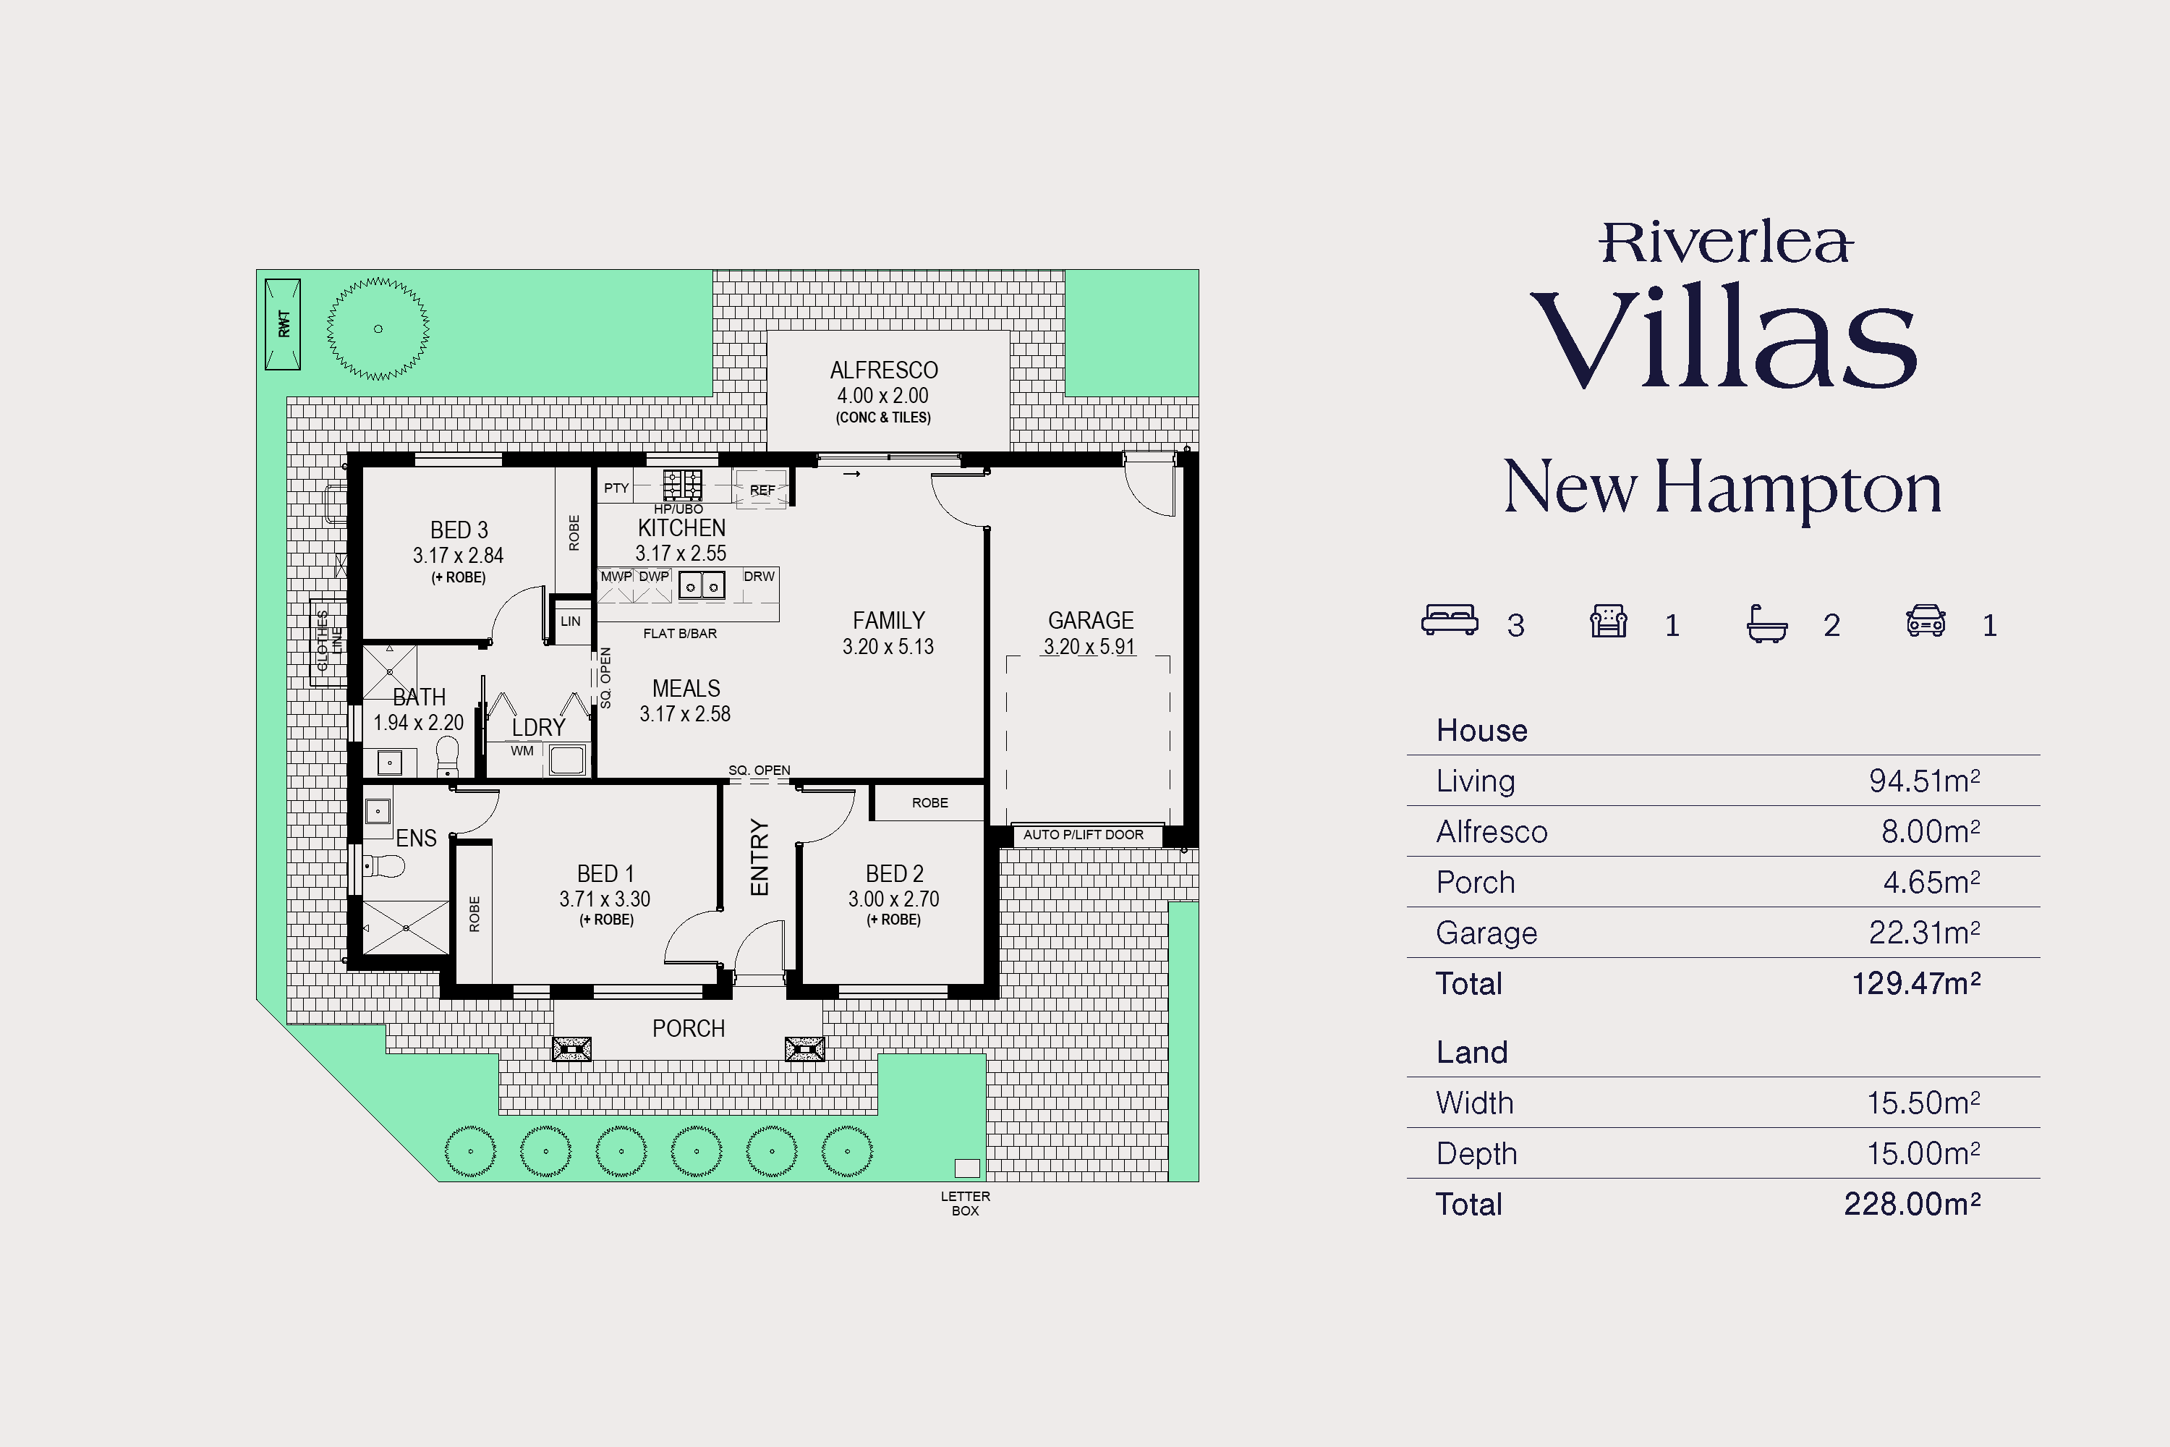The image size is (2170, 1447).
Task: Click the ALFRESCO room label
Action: (883, 370)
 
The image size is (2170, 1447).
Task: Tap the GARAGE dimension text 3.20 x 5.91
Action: (1089, 646)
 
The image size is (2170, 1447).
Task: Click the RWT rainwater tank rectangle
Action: (282, 324)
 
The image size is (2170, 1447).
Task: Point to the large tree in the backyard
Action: (378, 328)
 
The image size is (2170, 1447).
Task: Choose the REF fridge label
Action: (762, 490)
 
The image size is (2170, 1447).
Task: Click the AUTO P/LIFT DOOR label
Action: (1083, 834)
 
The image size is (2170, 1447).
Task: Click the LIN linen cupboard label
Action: (570, 621)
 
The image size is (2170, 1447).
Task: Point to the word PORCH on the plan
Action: (689, 1028)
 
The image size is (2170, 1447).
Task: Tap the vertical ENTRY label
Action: (759, 857)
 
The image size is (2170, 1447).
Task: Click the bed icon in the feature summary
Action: (1450, 620)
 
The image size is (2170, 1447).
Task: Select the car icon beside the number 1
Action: (1926, 620)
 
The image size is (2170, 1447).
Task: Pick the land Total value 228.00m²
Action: (1912, 1203)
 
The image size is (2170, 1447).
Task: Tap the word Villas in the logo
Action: (1724, 337)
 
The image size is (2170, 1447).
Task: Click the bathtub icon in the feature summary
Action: (1767, 623)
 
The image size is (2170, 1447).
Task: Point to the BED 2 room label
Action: (894, 873)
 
